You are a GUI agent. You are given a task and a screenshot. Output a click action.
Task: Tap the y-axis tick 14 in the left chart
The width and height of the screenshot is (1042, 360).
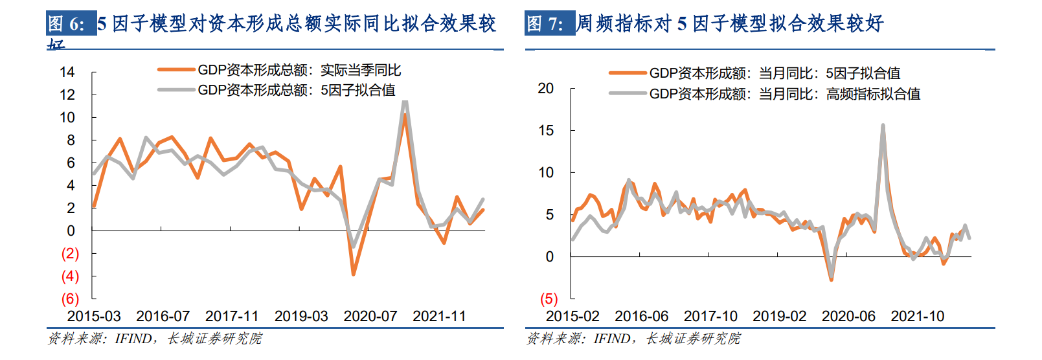(67, 72)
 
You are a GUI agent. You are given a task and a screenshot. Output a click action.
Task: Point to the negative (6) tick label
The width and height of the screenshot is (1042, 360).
(70, 299)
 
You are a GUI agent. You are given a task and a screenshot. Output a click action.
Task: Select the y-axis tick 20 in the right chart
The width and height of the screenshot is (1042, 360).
(546, 88)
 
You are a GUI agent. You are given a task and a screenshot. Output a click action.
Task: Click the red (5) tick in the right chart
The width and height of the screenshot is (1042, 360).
(549, 299)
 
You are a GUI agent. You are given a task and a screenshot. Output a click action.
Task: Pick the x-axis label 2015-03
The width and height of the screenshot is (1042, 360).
(94, 317)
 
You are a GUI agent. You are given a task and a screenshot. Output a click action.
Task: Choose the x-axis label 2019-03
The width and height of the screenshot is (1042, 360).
(301, 317)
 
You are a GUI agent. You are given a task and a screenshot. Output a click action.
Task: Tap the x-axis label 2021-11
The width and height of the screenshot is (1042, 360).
(439, 317)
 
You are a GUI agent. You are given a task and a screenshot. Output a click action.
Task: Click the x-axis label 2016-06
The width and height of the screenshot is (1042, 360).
(641, 317)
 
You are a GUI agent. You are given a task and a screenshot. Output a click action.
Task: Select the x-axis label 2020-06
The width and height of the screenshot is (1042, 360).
(848, 317)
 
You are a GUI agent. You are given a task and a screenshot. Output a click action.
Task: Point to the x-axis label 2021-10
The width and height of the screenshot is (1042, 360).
(917, 317)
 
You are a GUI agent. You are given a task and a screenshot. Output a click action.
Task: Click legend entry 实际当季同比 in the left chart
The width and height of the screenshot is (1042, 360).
(299, 70)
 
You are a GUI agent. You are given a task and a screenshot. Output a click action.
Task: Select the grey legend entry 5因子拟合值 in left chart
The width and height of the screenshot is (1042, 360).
(296, 90)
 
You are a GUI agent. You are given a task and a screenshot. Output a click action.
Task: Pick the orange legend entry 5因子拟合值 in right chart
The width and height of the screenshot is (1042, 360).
(775, 74)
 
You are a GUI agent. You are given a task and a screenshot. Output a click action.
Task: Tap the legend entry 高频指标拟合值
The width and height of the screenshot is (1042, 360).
(784, 94)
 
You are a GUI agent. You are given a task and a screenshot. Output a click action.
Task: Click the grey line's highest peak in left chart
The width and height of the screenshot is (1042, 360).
(405, 101)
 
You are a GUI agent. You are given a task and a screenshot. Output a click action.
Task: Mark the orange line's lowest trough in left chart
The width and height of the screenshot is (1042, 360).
(354, 275)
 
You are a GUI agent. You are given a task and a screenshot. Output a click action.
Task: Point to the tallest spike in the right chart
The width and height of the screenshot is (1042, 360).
(883, 126)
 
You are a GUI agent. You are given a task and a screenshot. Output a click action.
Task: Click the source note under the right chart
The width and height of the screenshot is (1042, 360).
(633, 339)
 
